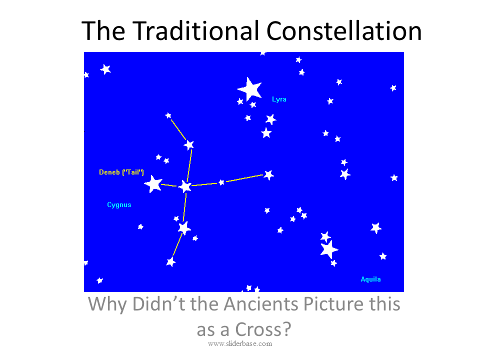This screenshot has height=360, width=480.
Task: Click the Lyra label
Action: (279, 99)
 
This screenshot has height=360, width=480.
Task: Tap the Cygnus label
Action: (119, 205)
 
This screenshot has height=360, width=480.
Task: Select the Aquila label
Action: (370, 279)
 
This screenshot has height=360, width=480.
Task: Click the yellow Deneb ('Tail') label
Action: (121, 172)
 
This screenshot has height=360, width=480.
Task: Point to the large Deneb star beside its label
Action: (153, 184)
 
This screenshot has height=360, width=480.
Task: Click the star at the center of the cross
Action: (185, 186)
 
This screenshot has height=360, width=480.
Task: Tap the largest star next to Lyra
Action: (250, 89)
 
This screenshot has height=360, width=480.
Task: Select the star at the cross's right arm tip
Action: (268, 175)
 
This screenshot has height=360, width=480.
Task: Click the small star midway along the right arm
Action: (221, 182)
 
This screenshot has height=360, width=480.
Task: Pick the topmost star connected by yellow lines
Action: (168, 115)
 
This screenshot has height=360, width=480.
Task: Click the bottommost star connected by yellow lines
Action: (171, 261)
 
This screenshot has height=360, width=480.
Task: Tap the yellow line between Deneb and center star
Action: (169, 185)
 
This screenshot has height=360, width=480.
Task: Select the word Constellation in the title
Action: (344, 30)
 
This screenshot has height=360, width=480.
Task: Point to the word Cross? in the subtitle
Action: (263, 329)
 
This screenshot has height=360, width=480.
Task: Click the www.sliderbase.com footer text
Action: (240, 344)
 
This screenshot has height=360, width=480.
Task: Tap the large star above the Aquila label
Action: (329, 249)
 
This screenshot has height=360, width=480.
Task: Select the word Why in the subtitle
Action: (107, 304)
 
